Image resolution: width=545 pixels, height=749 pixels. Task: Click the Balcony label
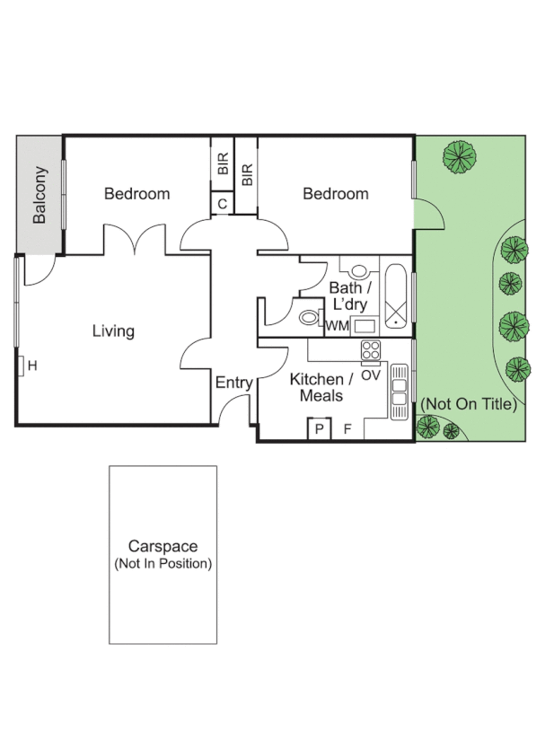[x=40, y=195]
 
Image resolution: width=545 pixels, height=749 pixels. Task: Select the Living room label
[x=113, y=330]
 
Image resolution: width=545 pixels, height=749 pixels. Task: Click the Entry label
[x=233, y=383]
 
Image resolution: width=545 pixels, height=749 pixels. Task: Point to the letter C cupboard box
[x=222, y=204]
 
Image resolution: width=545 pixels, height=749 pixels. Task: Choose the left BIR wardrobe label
[x=223, y=163]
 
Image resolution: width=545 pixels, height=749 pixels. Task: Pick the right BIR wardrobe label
[x=247, y=172]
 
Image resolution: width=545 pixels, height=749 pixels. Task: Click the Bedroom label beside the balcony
[x=136, y=193]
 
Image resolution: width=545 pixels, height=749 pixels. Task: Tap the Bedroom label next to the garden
[x=335, y=193]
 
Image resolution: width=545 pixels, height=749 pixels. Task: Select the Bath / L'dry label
[x=351, y=295]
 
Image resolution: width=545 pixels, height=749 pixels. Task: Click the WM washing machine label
[x=337, y=326]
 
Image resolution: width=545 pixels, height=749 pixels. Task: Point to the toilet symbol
[x=308, y=317]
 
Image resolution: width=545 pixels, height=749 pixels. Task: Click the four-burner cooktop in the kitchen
[x=371, y=349]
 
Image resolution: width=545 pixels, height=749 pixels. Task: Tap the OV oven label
[x=370, y=374]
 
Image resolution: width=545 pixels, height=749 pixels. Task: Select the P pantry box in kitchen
[x=317, y=429]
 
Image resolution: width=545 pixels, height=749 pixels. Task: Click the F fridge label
[x=347, y=429]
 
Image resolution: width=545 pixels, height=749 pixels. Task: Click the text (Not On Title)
[x=469, y=404]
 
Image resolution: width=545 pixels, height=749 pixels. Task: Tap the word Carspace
[x=163, y=546]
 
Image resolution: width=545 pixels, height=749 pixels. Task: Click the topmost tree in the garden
[x=460, y=157]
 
